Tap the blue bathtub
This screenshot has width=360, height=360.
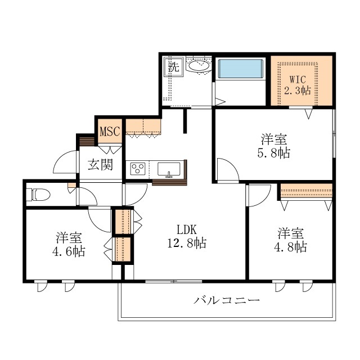tap(240, 69)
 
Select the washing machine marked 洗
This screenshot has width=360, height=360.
tap(174, 66)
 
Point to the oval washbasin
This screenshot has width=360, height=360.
tap(199, 66)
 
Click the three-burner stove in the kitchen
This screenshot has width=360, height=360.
tap(138, 169)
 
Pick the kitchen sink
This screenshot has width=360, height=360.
tap(169, 169)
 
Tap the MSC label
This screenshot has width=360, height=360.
tap(110, 131)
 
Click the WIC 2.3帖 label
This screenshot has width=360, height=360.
tap(298, 85)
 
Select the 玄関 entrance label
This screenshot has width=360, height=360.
tap(101, 164)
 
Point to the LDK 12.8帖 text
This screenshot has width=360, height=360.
tap(187, 236)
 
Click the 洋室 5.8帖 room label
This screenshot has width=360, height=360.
tap(274, 146)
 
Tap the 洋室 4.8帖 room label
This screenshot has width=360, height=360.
tap(290, 240)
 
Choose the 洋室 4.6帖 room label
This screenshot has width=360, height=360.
tap(69, 244)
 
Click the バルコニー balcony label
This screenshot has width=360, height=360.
tap(227, 300)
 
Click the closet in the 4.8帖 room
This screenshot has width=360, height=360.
tap(306, 191)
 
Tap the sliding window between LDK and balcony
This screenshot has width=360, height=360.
tap(174, 281)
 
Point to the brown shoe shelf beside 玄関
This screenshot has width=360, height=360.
tap(87, 141)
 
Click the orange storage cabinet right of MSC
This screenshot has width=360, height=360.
tap(143, 127)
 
